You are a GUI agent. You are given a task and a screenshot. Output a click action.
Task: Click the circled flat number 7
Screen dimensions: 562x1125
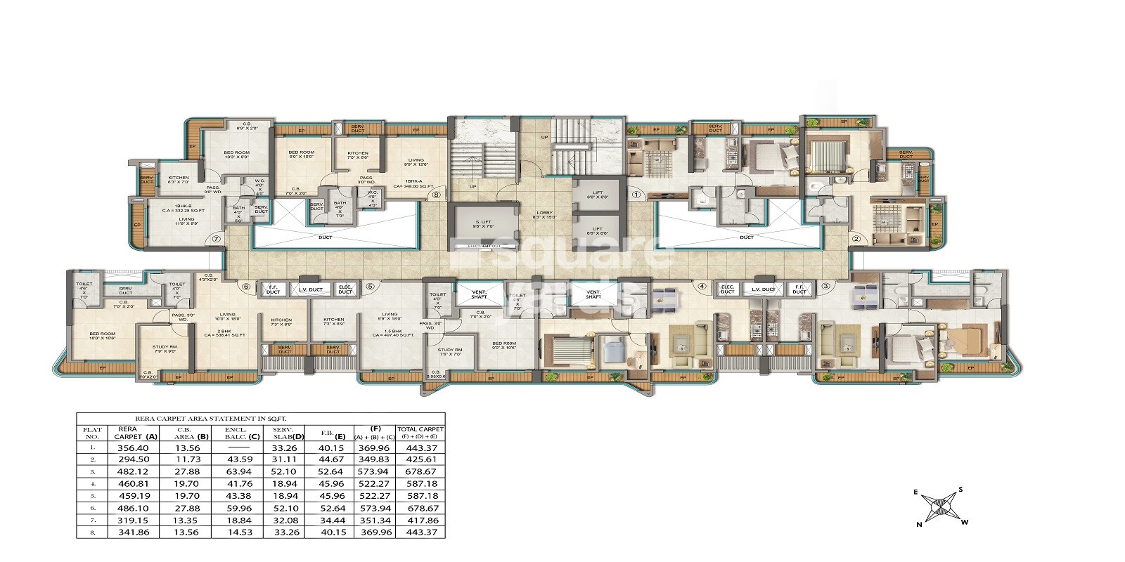point(217,240)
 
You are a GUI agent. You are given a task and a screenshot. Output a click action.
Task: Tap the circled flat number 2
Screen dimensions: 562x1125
point(856,240)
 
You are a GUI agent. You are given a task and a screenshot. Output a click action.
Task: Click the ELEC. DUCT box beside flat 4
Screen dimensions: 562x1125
point(727,289)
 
